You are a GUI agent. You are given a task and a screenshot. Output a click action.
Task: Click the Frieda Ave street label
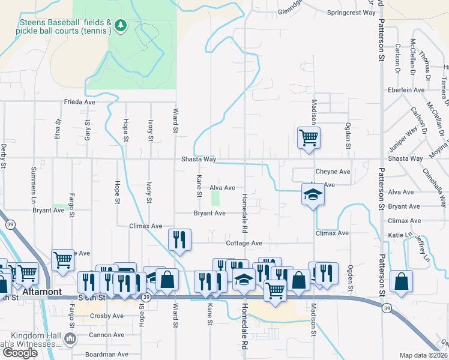[x=80, y=102]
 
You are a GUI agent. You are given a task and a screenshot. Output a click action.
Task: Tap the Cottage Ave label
[x=244, y=244]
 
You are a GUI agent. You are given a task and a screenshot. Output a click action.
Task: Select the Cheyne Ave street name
[x=333, y=172]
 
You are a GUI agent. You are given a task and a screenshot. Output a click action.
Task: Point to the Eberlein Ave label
[x=406, y=90]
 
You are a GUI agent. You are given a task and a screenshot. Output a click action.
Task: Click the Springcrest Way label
[x=351, y=13]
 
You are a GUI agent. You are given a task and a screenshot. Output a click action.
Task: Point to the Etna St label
[x=58, y=129]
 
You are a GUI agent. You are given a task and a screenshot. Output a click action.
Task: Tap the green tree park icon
[x=121, y=25]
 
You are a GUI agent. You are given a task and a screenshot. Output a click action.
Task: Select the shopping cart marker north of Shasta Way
[x=309, y=137]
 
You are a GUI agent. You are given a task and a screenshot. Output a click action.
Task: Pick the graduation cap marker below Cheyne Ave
[x=312, y=195]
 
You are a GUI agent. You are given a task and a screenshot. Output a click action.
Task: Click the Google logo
[x=20, y=353]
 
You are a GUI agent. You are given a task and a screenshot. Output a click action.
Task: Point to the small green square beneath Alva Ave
[x=215, y=198]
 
